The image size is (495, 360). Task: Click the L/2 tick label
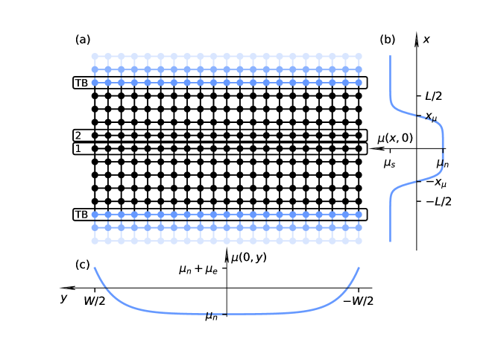pyautogui.click(x=433, y=96)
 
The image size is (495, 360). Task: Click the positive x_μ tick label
pyautogui.click(x=431, y=117)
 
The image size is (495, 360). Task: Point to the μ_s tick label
pyautogui.click(x=389, y=163)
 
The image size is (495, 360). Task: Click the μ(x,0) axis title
pyautogui.click(x=395, y=139)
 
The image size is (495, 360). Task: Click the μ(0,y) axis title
pyautogui.click(x=249, y=258)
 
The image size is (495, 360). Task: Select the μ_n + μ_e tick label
pyautogui.click(x=198, y=269)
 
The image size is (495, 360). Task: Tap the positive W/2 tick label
pyautogui.click(x=95, y=301)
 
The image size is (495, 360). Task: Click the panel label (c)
pyautogui.click(x=83, y=265)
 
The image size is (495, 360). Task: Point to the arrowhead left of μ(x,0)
pyautogui.click(x=379, y=148)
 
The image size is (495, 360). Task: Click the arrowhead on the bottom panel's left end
pyautogui.click(x=66, y=288)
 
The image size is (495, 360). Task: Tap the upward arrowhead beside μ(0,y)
pyautogui.click(x=227, y=257)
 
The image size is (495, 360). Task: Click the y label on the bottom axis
pyautogui.click(x=64, y=298)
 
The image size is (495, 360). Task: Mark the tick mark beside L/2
pyautogui.click(x=418, y=95)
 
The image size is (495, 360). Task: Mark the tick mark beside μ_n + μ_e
pyautogui.click(x=224, y=268)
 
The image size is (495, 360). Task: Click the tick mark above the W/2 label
pyautogui.click(x=95, y=290)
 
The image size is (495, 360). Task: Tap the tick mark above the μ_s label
pyautogui.click(x=389, y=151)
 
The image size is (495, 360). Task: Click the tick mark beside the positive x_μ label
pyautogui.click(x=418, y=116)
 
